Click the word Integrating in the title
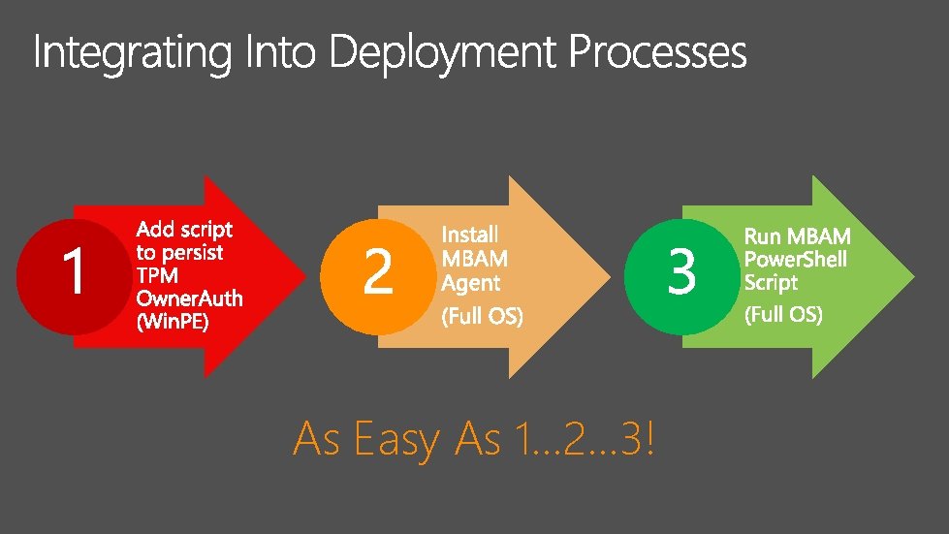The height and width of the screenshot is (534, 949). pos(134,53)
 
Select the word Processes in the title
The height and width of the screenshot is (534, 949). pos(657,52)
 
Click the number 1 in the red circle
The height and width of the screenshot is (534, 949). pos(74,272)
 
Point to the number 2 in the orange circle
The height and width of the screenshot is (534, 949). pos(377,272)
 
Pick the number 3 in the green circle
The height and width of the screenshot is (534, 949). pos(681,272)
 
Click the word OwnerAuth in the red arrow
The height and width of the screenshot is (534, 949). pos(189,298)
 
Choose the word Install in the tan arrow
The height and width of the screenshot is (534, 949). pos(470,234)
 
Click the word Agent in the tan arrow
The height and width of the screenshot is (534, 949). pos(471,283)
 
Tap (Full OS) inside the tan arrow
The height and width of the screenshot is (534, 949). pos(482,316)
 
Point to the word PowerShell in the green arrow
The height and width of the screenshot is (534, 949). pos(795,259)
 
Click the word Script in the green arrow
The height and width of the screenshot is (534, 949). pos(771,282)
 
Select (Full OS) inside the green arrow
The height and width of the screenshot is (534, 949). pos(783,315)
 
